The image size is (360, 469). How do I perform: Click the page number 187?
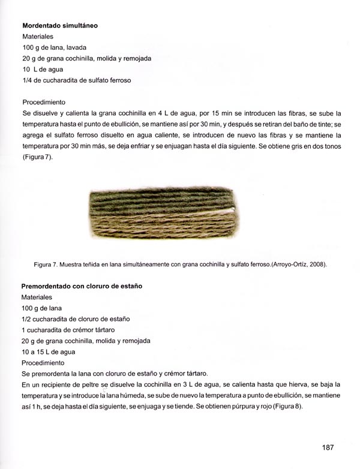coord(327,447)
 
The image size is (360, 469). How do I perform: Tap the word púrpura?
coord(240,406)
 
